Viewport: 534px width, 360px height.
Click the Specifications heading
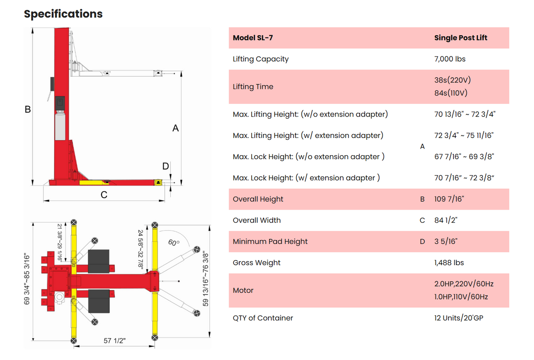(63, 14)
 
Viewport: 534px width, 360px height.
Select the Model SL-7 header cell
(253, 38)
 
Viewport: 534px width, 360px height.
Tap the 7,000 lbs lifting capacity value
(450, 59)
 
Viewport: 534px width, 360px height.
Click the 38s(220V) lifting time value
(452, 80)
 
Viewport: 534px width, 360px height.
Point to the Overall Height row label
(258, 199)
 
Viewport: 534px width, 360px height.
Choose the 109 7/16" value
(449, 199)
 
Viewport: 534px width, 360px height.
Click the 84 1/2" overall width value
(446, 220)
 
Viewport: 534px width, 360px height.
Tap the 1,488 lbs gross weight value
(449, 263)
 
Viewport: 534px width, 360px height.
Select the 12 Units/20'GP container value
(458, 318)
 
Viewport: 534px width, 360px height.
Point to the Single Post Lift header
(461, 38)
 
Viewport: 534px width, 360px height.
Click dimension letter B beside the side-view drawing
(28, 109)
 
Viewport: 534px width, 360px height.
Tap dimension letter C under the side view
(104, 194)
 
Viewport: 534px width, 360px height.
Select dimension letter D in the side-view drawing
(165, 166)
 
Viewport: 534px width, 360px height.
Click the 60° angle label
(174, 242)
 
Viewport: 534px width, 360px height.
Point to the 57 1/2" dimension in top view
(114, 341)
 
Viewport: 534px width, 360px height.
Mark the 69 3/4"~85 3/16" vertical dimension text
(27, 280)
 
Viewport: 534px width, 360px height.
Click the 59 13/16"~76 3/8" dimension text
(205, 279)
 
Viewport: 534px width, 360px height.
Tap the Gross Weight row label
(256, 263)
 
